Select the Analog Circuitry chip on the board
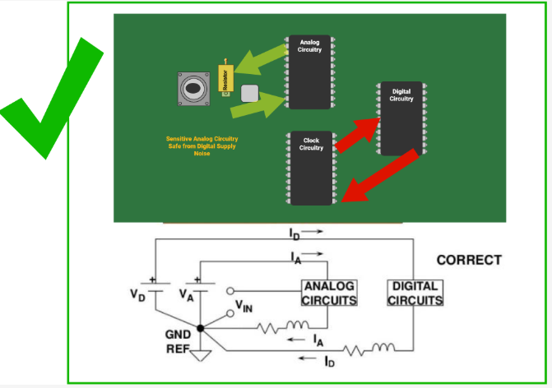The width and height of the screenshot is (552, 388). point(309,72)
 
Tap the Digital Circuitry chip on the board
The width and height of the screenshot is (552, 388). point(401,118)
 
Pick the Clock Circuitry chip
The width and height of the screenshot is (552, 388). point(312,167)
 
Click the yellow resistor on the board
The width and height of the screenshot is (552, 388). point(223,79)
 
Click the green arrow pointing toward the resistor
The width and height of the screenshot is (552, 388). point(256,64)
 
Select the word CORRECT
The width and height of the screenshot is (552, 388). point(468,261)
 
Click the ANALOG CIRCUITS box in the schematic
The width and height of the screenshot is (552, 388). point(329,293)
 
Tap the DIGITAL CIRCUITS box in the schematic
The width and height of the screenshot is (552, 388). point(415,293)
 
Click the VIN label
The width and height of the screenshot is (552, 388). point(244,307)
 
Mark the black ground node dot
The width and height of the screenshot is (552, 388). point(200,328)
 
